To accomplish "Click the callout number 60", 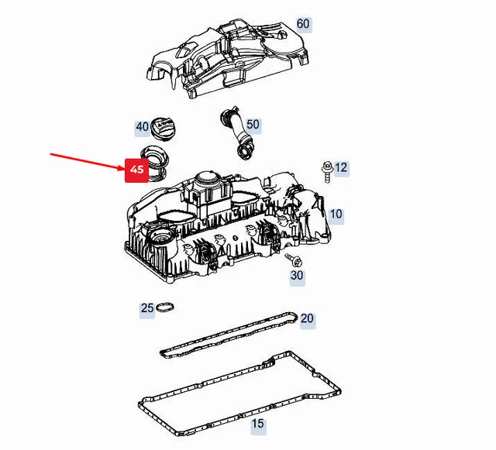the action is coord(303,24).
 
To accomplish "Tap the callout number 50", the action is coord(253,124).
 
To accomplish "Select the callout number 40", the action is coord(142,127).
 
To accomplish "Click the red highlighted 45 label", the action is coord(136,170).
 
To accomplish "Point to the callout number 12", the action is coord(341,167).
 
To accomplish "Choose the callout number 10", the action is coord(336,214).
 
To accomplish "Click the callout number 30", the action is coord(297,276).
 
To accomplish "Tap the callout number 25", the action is coord(147,308).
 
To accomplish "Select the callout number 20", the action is coord(307,318).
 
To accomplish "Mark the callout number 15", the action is coord(257,424).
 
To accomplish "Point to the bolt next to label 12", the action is coord(327,171).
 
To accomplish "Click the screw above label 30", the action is coord(293,260).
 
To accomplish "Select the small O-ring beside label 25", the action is coord(165,307).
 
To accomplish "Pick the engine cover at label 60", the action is coord(227,59).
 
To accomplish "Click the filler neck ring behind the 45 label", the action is coord(155,163).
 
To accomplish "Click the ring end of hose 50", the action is coord(246,152).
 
